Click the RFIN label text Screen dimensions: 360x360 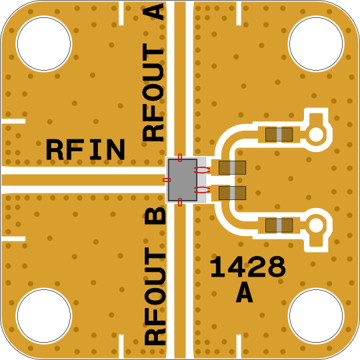(85, 149)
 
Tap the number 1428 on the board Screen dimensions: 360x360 (248, 267)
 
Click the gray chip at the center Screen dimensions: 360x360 (183, 180)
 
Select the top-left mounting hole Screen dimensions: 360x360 (44, 43)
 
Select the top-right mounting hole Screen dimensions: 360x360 (316, 43)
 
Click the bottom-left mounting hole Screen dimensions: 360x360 (44, 316)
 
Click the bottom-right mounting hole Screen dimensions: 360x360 (316, 316)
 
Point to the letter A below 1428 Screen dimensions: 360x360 (245, 292)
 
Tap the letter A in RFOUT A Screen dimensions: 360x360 (153, 12)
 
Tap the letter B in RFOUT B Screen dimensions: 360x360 (155, 215)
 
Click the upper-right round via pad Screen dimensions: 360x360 (316, 135)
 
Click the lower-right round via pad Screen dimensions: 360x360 (316, 225)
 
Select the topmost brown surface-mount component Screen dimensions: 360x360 (279, 135)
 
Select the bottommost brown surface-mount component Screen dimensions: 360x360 (279, 225)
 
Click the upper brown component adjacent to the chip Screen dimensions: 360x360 (232, 167)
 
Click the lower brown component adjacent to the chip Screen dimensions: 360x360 (232, 193)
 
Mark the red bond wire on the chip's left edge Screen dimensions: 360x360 (167, 180)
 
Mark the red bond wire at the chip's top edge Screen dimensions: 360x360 (180, 157)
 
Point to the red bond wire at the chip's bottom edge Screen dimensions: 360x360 (180, 202)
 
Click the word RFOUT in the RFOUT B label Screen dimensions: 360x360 (155, 297)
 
